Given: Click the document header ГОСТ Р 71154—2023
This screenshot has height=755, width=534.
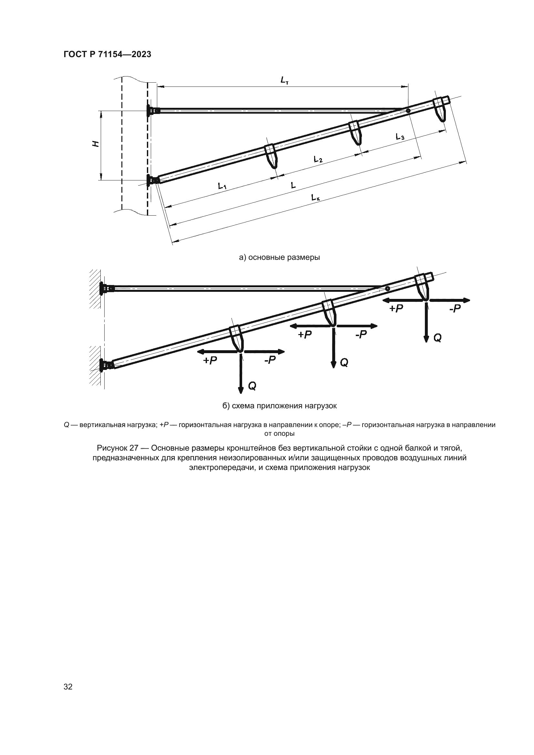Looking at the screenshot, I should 107,54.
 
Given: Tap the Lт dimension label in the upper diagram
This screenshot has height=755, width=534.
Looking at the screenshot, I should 284,80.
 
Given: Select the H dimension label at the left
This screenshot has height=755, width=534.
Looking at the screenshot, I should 96,144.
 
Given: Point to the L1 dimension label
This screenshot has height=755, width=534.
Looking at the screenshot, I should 222,187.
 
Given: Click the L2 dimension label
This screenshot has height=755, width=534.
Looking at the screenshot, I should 318,160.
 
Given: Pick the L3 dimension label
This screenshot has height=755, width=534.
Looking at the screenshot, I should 400,137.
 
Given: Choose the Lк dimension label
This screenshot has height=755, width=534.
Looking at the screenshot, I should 316,198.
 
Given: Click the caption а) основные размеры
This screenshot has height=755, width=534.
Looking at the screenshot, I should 279,257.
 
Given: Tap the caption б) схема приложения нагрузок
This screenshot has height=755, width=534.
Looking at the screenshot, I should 280,406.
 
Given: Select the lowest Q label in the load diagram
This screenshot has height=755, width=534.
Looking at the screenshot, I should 252,386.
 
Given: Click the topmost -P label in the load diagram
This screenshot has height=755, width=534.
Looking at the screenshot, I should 455,309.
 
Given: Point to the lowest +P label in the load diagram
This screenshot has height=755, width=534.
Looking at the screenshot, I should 210,361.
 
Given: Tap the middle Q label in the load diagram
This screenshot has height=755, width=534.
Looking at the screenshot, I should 344,363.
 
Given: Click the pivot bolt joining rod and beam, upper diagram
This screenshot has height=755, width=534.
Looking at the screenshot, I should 408,111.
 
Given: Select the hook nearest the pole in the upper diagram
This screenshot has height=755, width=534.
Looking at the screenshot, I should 271,156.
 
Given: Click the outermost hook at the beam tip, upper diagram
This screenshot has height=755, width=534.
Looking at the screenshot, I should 440,109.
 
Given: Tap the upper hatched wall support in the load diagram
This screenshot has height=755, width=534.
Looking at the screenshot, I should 95,289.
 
